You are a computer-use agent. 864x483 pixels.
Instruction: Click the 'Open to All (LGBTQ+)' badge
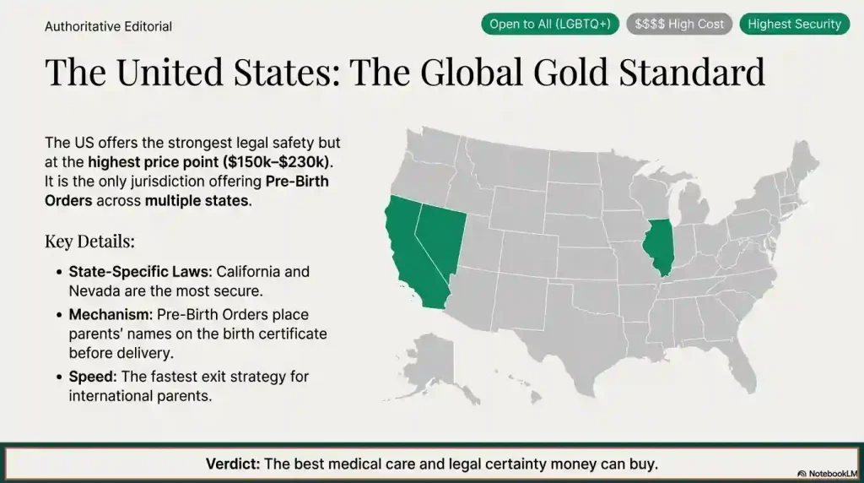coord(550,24)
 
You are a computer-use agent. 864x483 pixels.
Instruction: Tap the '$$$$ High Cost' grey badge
coord(679,24)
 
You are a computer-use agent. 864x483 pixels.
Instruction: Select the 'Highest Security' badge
coord(794,24)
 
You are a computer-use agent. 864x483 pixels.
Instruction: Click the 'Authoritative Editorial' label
coord(108,26)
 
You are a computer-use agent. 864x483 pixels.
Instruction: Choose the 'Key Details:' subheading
coord(89,241)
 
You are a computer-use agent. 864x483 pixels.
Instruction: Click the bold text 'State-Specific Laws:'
coord(141,272)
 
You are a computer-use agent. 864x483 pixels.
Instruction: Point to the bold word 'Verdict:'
coord(234,464)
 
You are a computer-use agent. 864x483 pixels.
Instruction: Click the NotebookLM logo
coord(827,474)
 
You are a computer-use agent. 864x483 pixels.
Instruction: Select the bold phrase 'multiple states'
coord(197,201)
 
